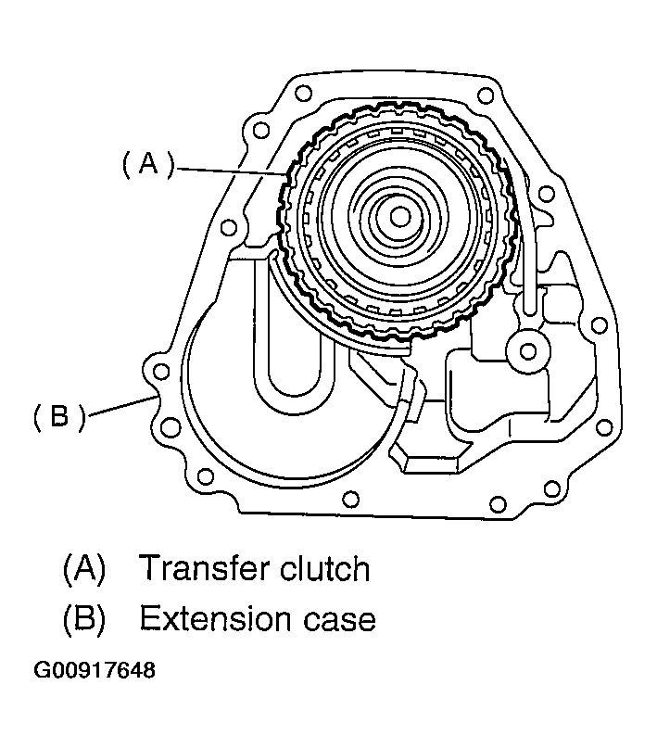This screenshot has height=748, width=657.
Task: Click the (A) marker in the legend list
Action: [83, 567]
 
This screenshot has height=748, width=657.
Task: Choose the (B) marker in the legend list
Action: [83, 618]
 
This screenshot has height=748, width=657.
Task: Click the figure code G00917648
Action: [94, 669]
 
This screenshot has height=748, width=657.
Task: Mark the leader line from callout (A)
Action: [232, 170]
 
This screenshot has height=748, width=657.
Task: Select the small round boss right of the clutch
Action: [529, 350]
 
